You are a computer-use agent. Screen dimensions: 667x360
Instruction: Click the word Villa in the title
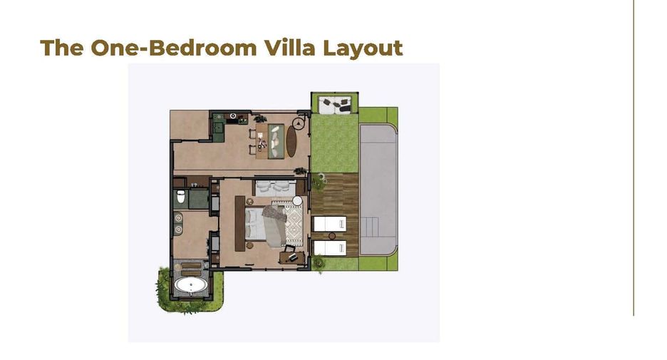[x=290, y=47]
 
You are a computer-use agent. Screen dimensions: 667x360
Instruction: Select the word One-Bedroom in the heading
[x=174, y=47]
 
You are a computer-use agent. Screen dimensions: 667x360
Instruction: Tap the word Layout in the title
[x=363, y=48]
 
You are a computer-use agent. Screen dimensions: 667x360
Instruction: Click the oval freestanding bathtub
[x=190, y=286]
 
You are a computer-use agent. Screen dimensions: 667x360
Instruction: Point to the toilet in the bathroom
[x=181, y=197]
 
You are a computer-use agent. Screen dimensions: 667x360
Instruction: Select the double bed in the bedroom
[x=266, y=225]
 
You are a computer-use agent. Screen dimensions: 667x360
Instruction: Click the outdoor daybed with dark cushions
[x=336, y=105]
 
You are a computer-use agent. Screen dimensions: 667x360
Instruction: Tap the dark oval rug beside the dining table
[x=291, y=141]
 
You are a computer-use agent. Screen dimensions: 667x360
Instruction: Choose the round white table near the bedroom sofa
[x=297, y=201]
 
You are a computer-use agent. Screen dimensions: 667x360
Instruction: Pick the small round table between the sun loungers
[x=332, y=236]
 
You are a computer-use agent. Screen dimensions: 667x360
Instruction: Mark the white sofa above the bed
[x=275, y=187]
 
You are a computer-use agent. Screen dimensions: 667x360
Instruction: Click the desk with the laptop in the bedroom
[x=292, y=257]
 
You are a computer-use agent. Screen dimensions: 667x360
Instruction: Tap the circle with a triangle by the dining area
[x=299, y=124]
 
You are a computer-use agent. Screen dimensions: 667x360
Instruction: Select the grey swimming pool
[x=378, y=190]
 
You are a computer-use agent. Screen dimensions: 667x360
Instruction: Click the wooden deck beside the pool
[x=335, y=215]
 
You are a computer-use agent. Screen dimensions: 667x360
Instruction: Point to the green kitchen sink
[x=219, y=126]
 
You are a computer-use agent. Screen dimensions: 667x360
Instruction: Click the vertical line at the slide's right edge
[x=634, y=158]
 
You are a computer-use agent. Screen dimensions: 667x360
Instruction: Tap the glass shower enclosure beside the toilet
[x=199, y=199]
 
